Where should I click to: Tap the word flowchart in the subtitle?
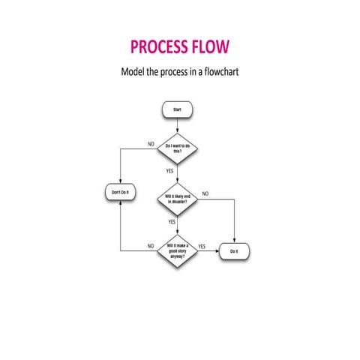pyautogui.click(x=220, y=74)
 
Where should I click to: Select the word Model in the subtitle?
pyautogui.click(x=135, y=74)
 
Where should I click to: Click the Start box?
pyautogui.click(x=177, y=109)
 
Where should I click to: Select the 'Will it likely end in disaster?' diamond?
pyautogui.click(x=177, y=199)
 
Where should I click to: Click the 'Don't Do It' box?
pyautogui.click(x=120, y=193)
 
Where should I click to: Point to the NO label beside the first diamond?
pyautogui.click(x=151, y=143)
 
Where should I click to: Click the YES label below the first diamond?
pyautogui.click(x=170, y=171)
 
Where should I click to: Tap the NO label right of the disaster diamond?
pyautogui.click(x=205, y=193)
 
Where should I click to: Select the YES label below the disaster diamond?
pyautogui.click(x=172, y=222)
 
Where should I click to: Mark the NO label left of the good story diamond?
pyautogui.click(x=151, y=246)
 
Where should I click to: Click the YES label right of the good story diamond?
pyautogui.click(x=202, y=246)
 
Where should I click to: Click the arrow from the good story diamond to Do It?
pyautogui.click(x=208, y=251)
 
